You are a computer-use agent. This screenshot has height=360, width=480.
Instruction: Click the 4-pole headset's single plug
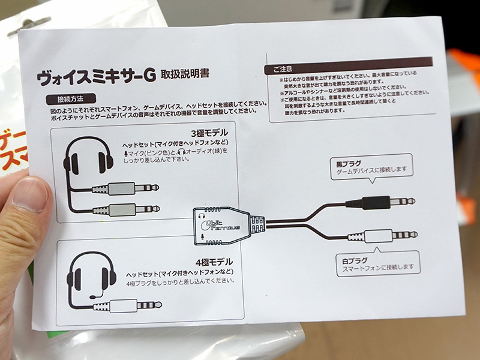click(129, 305)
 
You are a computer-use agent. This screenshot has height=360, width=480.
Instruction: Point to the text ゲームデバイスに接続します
click(369, 169)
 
